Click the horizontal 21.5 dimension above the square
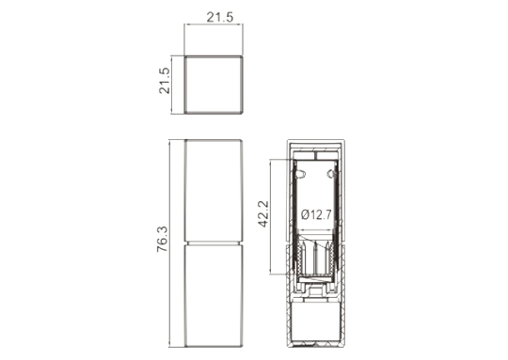(219, 17)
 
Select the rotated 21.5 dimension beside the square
(165, 81)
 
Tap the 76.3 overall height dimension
(163, 240)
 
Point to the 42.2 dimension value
(263, 213)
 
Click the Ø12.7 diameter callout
(316, 214)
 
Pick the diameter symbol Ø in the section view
(305, 214)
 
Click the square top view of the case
(214, 85)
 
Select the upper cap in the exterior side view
(214, 191)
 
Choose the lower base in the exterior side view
(214, 296)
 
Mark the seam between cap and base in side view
(214, 243)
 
